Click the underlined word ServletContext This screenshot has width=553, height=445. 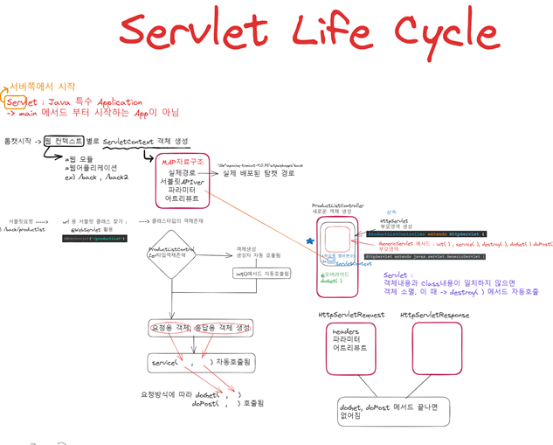(127, 141)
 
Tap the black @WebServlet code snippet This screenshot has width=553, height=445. (95, 238)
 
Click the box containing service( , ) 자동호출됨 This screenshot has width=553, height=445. (198, 362)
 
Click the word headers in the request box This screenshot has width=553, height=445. (346, 332)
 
